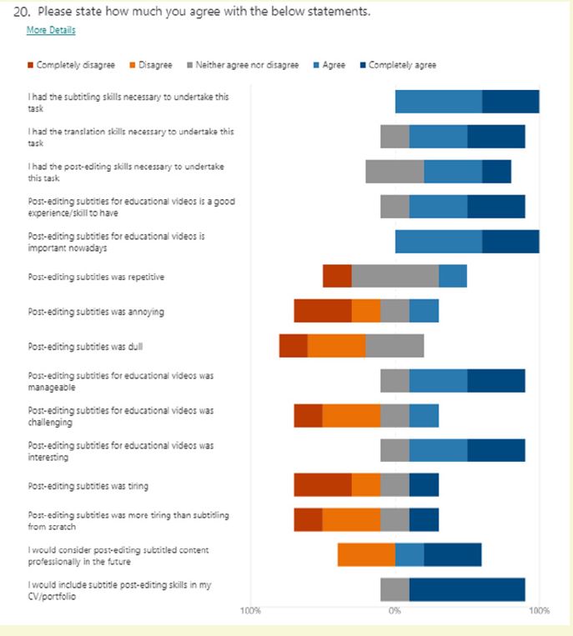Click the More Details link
(51, 30)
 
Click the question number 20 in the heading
(23, 13)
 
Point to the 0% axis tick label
(395, 611)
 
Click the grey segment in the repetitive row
(395, 276)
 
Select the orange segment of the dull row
(336, 346)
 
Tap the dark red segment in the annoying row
(322, 311)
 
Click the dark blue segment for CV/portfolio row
(467, 589)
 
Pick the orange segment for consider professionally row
(366, 554)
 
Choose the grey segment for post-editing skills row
(395, 171)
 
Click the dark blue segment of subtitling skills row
(510, 102)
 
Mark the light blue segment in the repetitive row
(453, 276)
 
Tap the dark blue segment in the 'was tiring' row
(424, 484)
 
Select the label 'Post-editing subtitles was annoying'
(96, 312)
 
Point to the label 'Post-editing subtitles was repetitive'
(101, 277)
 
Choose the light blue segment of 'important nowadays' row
(438, 241)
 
